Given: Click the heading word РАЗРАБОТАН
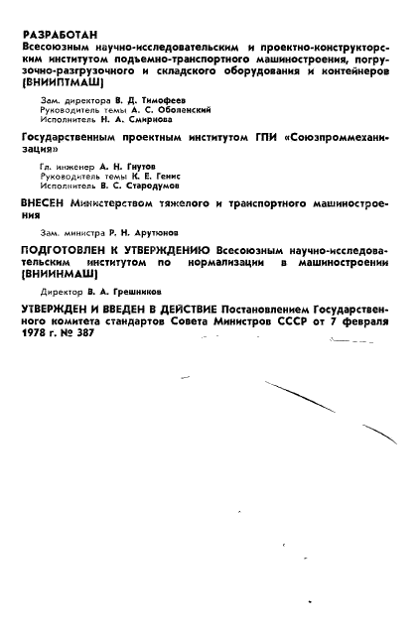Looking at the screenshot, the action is pos(59,35).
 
